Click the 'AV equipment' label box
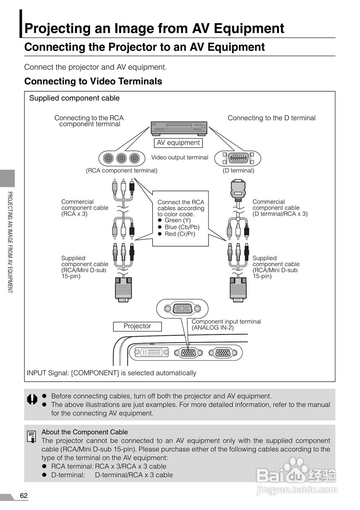click(178, 143)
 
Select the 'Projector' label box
click(137, 326)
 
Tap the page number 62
click(24, 496)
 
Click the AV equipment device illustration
click(179, 127)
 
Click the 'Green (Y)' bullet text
click(177, 220)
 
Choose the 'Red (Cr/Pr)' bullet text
click(180, 234)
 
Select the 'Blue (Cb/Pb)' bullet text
click(182, 227)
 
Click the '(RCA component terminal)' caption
click(122, 171)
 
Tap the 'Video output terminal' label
click(179, 157)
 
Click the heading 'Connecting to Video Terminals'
click(93, 81)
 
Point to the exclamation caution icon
click(32, 399)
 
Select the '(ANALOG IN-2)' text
click(212, 328)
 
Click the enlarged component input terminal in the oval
click(182, 308)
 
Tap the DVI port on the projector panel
click(151, 352)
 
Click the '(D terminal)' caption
click(238, 171)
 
